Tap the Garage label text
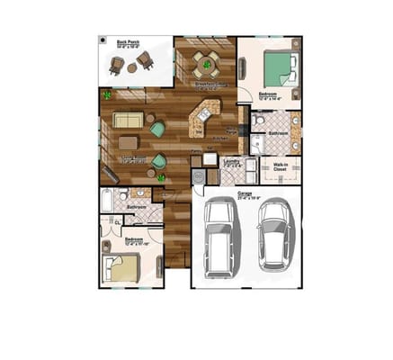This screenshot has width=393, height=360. pyautogui.click(x=245, y=193)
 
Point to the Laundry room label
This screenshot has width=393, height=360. pyautogui.click(x=232, y=163)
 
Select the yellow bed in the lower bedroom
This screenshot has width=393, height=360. pyautogui.click(x=123, y=266)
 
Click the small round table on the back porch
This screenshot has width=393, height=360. pyautogui.click(x=132, y=67)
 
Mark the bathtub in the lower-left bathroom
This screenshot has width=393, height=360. pyautogui.click(x=107, y=199)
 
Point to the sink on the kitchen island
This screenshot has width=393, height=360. pyautogui.click(x=204, y=114)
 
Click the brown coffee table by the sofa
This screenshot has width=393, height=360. pyautogui.click(x=129, y=142)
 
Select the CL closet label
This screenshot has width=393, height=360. pyautogui.click(x=117, y=221)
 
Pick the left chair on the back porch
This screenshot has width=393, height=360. pyautogui.click(x=116, y=64)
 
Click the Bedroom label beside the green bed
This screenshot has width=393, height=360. pyautogui.click(x=268, y=94)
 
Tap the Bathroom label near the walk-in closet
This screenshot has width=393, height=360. pyautogui.click(x=278, y=133)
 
